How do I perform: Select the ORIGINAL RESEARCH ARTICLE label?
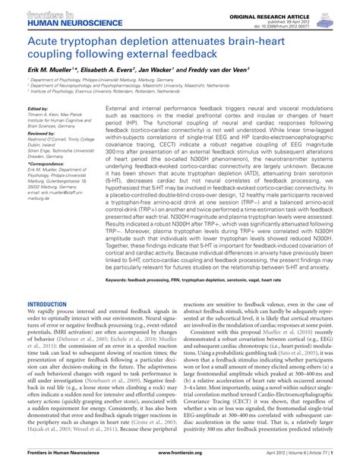point(292,15)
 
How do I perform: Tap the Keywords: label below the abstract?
point(121,259)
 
